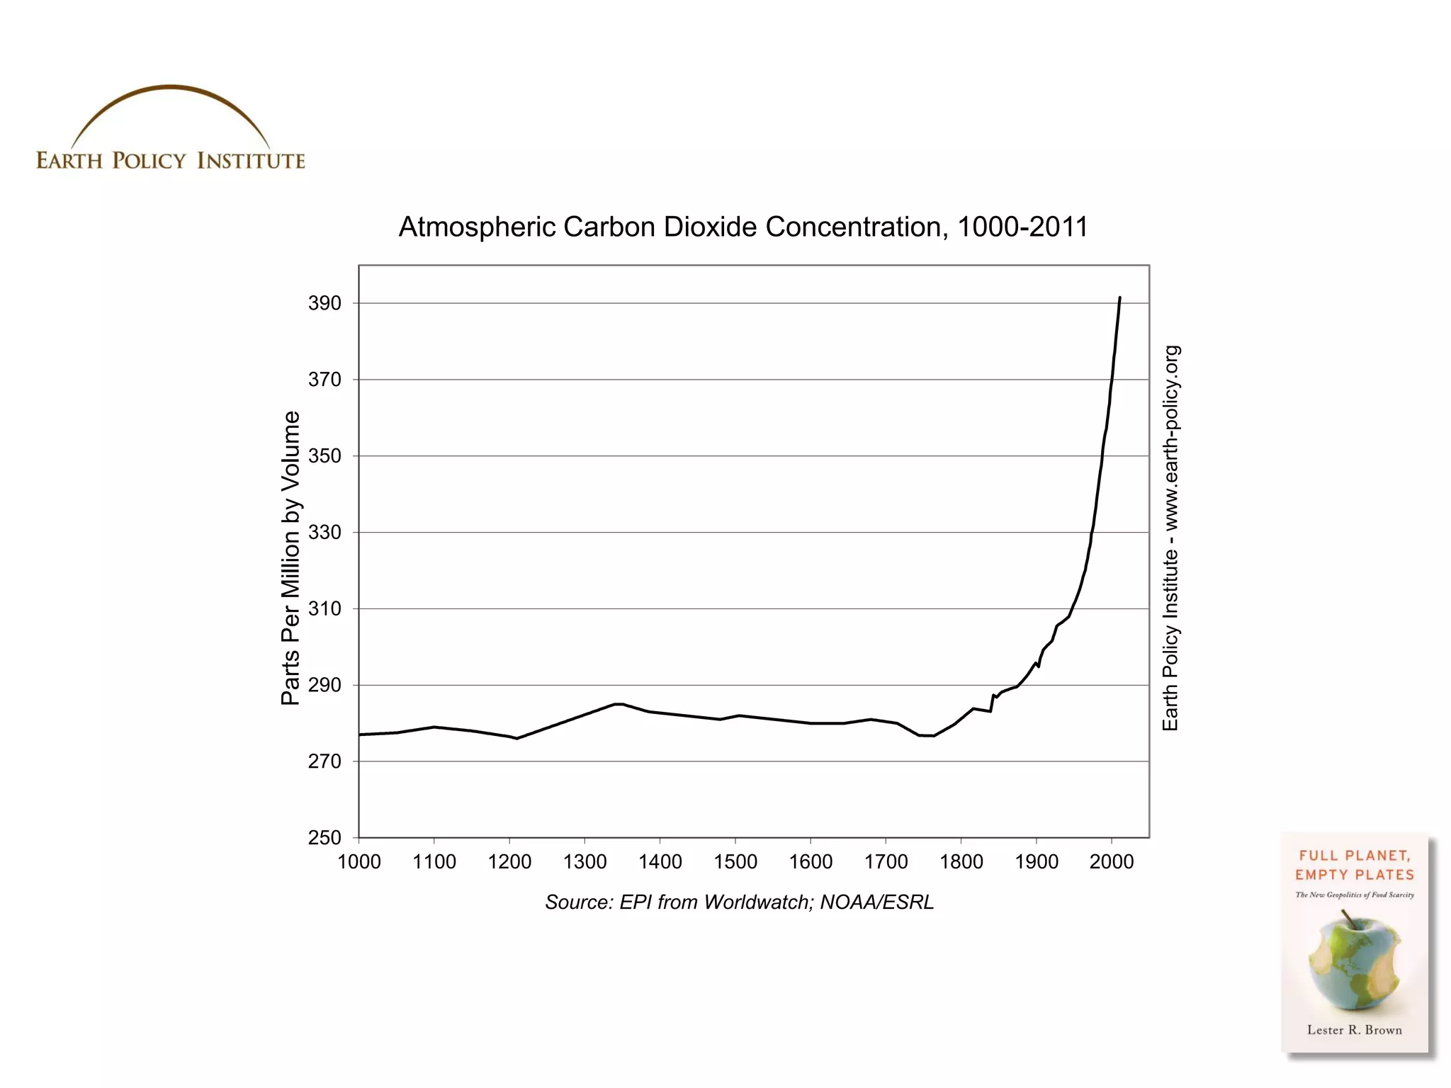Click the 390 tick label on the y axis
[324, 303]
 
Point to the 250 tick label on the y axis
[324, 837]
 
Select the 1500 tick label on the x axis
[735, 862]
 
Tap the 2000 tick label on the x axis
[1112, 862]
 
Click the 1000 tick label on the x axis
[359, 862]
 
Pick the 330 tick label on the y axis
[324, 532]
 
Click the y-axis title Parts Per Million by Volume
[290, 557]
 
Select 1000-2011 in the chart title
[1022, 227]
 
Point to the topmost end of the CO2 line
[1119, 298]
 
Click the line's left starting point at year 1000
[360, 735]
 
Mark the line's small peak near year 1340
[618, 704]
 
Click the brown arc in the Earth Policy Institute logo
[170, 89]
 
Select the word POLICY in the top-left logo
[149, 161]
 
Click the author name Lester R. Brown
[1354, 1030]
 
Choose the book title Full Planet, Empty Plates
[1354, 865]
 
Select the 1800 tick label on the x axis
[961, 862]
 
